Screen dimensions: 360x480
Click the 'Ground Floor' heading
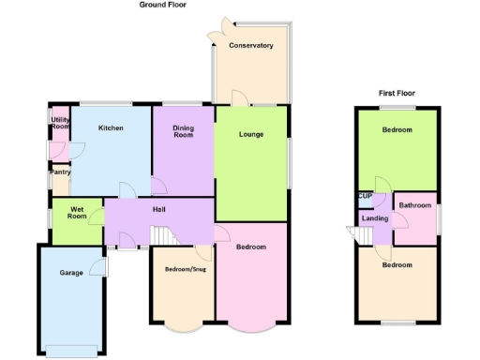[x=163, y=5]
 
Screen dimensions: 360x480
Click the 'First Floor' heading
[x=397, y=94]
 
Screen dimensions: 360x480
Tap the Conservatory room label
[x=251, y=45]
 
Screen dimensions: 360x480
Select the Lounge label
[x=251, y=134]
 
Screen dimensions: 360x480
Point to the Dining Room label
[x=183, y=132]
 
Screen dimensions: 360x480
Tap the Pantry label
[x=61, y=172]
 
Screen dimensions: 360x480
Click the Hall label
[x=158, y=211]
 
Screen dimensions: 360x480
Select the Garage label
[x=71, y=273]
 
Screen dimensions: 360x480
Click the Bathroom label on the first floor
[x=415, y=205]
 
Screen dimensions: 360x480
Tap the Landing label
[x=376, y=218]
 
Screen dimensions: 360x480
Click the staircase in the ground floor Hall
[x=165, y=236]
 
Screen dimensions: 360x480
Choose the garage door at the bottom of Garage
[x=71, y=351]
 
